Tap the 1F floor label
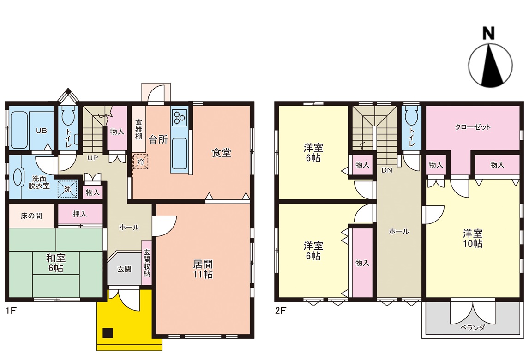[11, 311]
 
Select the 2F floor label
[281, 311]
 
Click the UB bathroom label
[42, 131]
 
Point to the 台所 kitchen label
[158, 140]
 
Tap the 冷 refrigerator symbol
[140, 162]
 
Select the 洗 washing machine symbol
[67, 189]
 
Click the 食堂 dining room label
[221, 153]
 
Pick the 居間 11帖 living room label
[203, 269]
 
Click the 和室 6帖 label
[56, 263]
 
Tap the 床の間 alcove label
[31, 216]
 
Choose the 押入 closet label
[80, 214]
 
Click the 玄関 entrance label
[125, 269]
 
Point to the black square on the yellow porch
[108, 333]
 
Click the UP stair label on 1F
[93, 157]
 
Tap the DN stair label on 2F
[387, 170]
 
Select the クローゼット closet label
[473, 127]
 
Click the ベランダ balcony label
[472, 327]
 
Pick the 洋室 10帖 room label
[473, 238]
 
